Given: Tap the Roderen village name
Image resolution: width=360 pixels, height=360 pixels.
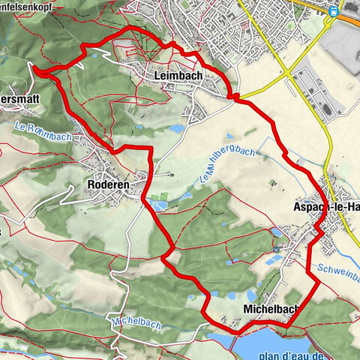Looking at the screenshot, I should click(x=109, y=184).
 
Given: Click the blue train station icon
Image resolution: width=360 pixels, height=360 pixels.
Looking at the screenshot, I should click(x=333, y=10).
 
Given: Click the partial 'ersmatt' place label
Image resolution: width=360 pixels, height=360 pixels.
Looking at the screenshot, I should click(x=19, y=106).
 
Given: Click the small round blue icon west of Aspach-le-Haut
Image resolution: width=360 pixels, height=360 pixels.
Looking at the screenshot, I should click(x=277, y=249).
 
